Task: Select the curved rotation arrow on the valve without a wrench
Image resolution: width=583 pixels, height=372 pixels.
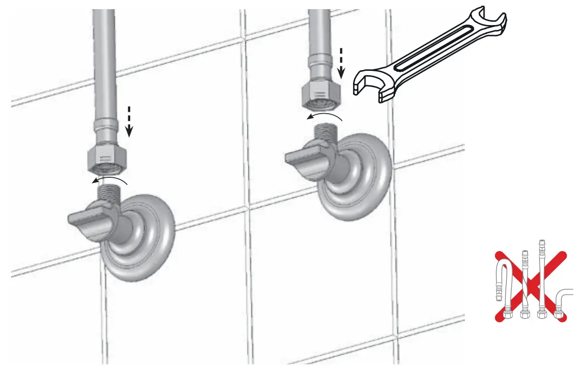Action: [111, 180]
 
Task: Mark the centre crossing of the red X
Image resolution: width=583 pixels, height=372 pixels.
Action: [529, 286]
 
